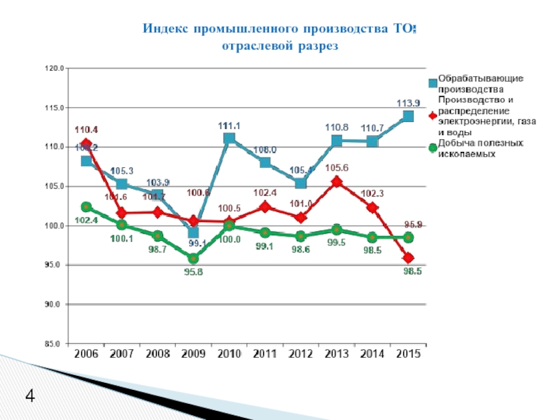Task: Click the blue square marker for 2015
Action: (x=408, y=116)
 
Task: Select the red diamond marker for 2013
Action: (x=337, y=182)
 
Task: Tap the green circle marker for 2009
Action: (x=193, y=259)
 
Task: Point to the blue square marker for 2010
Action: (x=229, y=139)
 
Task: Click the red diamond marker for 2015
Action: (x=408, y=258)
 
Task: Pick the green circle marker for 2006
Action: (x=86, y=207)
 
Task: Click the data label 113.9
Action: (x=407, y=103)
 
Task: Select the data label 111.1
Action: (x=229, y=125)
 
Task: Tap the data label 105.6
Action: (x=337, y=167)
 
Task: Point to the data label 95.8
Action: (x=193, y=272)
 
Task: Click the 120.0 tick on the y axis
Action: (x=54, y=69)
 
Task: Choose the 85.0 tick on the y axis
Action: (x=54, y=344)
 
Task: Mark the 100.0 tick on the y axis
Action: (x=54, y=226)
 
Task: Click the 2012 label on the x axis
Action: (x=300, y=354)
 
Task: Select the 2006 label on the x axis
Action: (x=86, y=354)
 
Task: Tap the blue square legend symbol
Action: (x=433, y=83)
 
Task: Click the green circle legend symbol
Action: (x=433, y=148)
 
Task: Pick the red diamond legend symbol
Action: (x=433, y=115)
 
